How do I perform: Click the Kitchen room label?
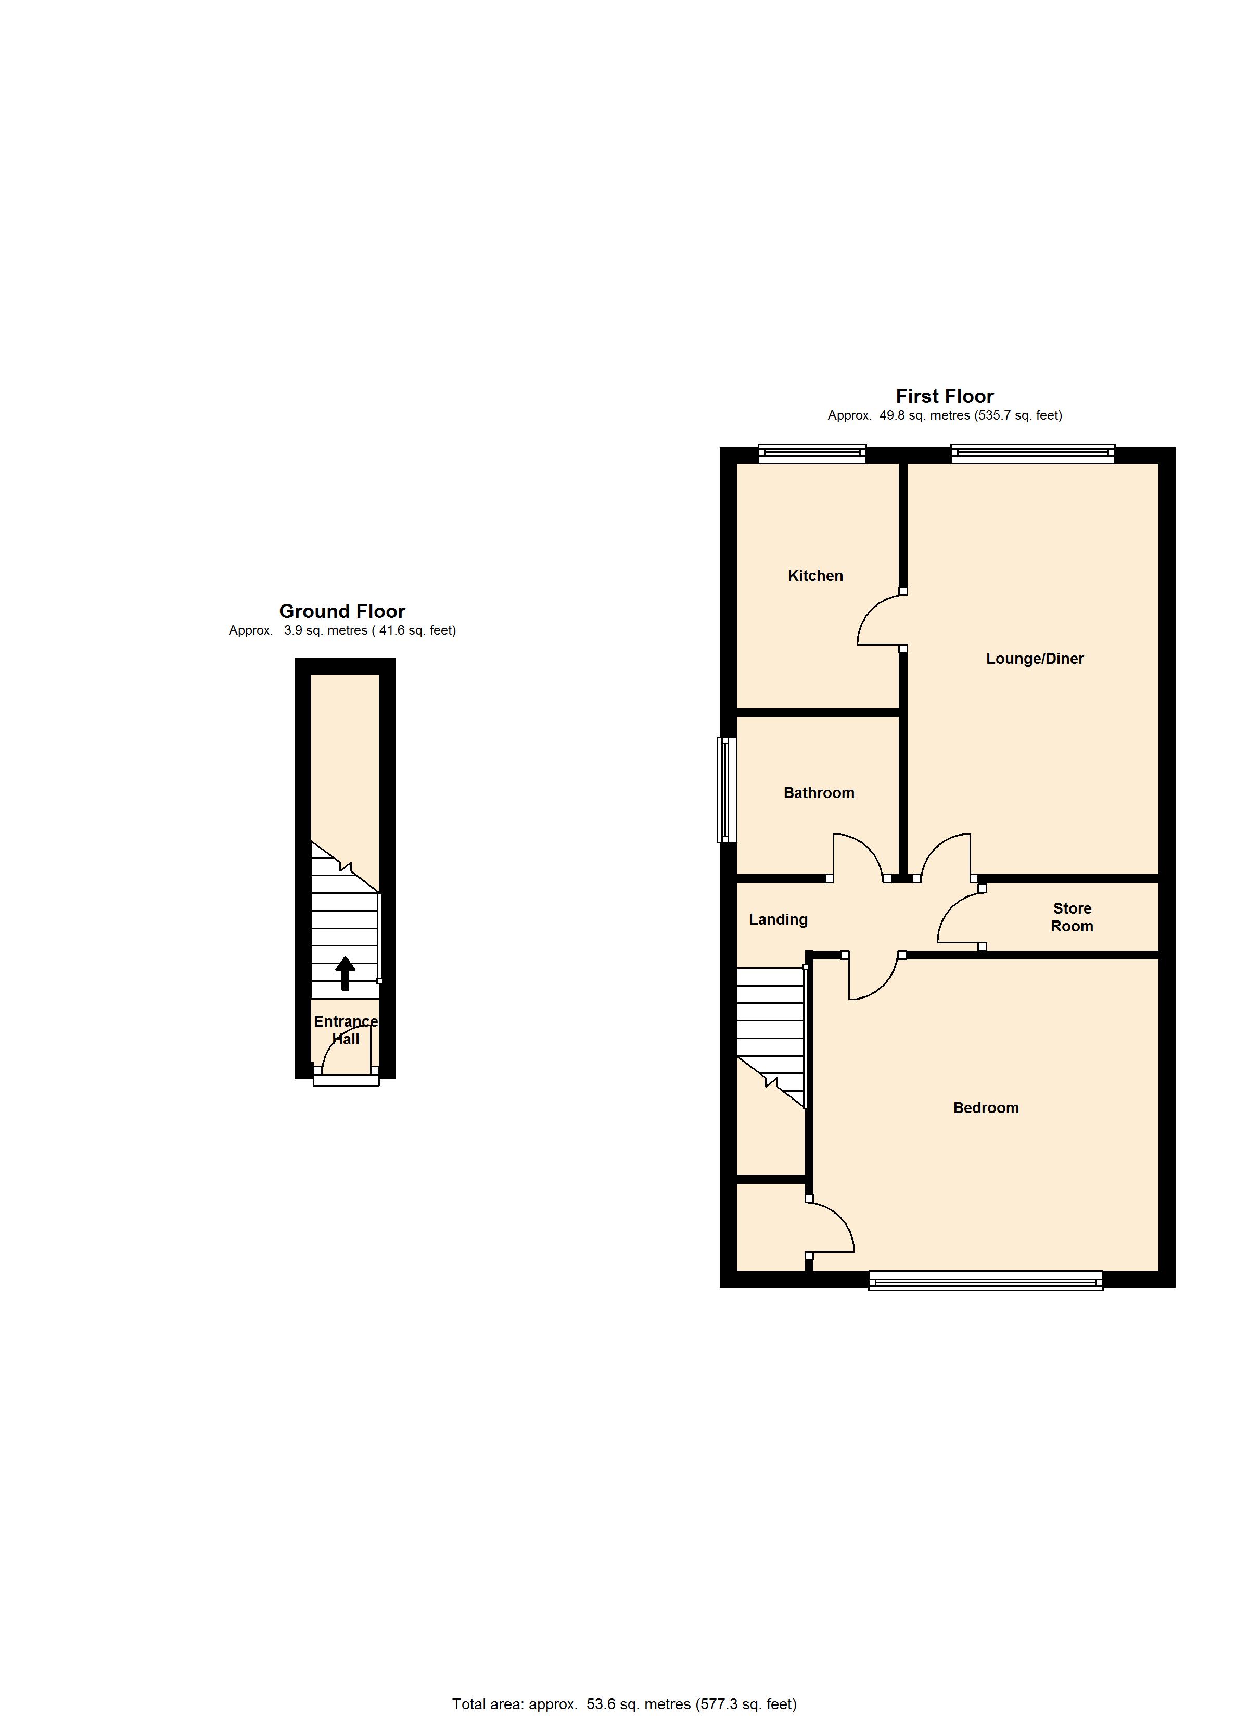pos(815,576)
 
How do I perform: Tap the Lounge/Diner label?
pos(1035,658)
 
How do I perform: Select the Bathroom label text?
pos(819,792)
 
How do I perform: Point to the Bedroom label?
pos(986,1107)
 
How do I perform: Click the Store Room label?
pos(1072,917)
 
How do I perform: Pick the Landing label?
pos(778,919)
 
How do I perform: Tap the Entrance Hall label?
pos(346,1029)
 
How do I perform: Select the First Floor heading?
pos(945,396)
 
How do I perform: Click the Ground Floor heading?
pos(342,611)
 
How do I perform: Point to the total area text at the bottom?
pos(624,1703)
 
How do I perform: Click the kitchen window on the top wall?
pos(812,454)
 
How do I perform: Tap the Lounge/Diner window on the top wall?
pos(1033,454)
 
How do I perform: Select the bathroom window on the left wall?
pos(727,790)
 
